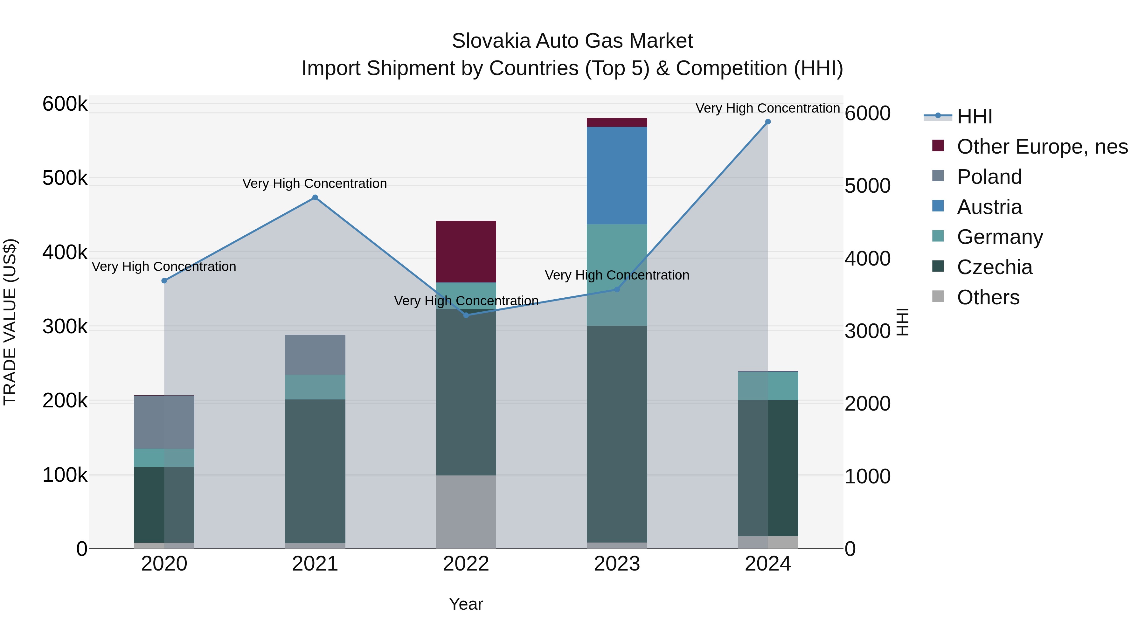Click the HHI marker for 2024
pos(768,122)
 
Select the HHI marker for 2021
pos(315,197)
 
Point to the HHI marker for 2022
pos(466,315)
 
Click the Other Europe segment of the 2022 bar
pos(466,252)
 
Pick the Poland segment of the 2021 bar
pos(315,355)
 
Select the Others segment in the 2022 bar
pos(466,512)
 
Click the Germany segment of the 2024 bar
pos(768,386)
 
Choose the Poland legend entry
pos(989,177)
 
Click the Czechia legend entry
pos(994,267)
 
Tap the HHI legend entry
pos(974,116)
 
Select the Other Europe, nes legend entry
pos(1042,147)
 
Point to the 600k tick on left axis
pos(65,104)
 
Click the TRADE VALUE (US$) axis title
pos(10,322)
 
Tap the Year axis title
pos(466,604)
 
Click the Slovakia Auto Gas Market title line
pos(572,41)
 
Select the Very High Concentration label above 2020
pos(164,267)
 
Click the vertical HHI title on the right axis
pos(902,322)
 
